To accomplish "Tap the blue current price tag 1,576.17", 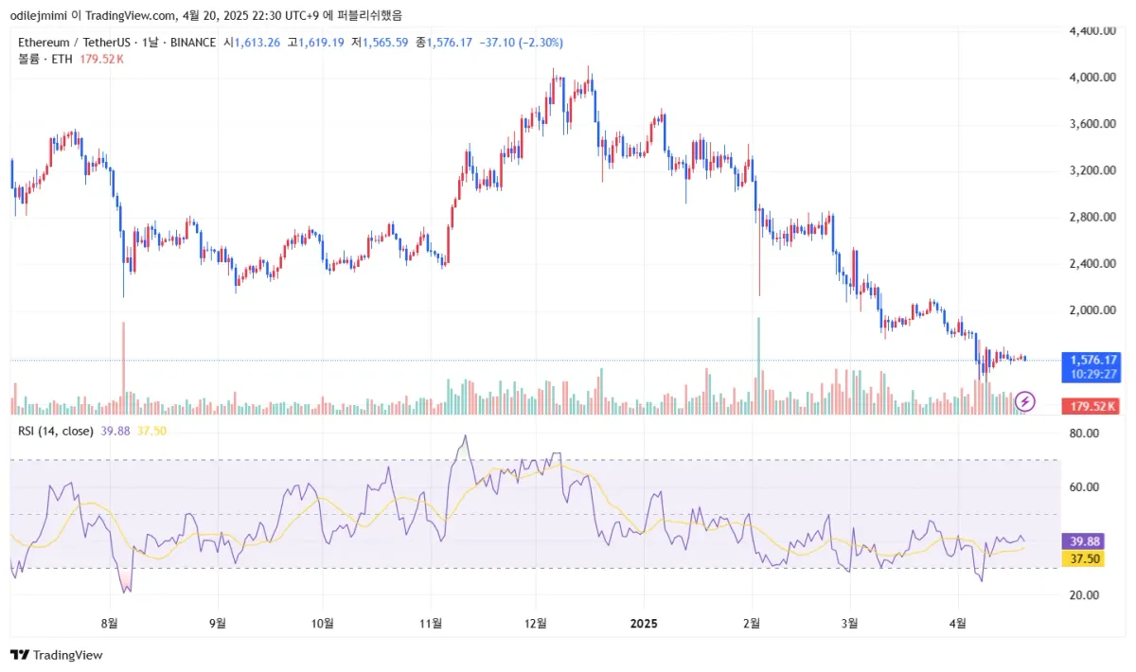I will point(1093,360).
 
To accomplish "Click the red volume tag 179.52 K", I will point(1093,406).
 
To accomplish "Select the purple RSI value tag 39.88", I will point(1085,541).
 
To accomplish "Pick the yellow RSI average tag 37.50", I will point(1085,559).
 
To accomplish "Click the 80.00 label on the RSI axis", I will point(1083,433).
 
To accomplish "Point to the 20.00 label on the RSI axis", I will point(1083,595).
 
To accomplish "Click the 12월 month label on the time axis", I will point(536,623).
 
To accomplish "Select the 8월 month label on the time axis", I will point(110,623).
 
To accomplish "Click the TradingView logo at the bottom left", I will point(56,655).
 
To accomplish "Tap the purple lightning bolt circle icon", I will point(1025,401).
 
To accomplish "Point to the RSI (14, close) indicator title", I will point(56,432).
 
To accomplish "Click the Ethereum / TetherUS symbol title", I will point(71,43).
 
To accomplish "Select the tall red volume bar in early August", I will point(123,369).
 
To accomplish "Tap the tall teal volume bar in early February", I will point(759,366).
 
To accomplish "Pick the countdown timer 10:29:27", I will point(1093,375).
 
